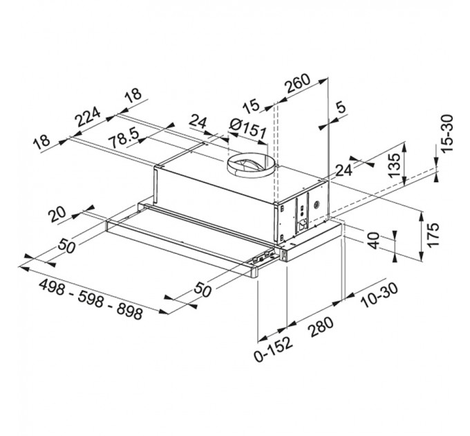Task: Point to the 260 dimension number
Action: (297, 84)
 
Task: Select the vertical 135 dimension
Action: (393, 167)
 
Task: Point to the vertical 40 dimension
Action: (373, 245)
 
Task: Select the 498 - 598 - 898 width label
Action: (91, 300)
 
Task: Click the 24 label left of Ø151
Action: (198, 124)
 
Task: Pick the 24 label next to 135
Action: (344, 170)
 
